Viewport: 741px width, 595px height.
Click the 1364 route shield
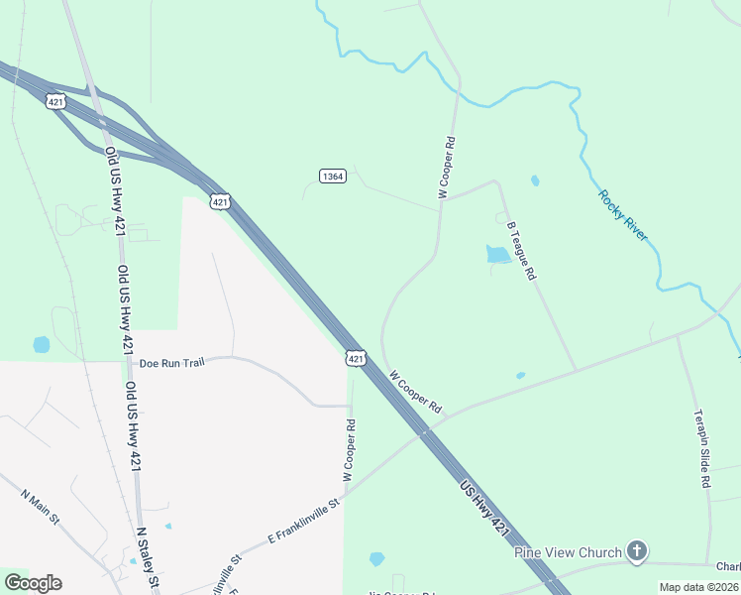[333, 176]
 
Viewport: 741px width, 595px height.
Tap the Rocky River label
[622, 214]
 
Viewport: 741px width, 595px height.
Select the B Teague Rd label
[521, 249]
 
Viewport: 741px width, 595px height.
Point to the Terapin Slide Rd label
[701, 448]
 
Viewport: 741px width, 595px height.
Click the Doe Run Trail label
[171, 363]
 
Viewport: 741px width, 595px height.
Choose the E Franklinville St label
[304, 522]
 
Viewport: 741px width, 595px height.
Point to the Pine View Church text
[568, 552]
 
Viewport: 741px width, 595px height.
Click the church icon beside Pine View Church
[637, 551]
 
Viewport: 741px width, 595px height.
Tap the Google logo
[33, 583]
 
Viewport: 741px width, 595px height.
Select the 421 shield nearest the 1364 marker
[220, 201]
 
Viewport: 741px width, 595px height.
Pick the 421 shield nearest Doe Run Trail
[358, 357]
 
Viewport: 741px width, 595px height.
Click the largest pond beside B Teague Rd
[498, 255]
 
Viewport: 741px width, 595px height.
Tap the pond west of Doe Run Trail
[42, 345]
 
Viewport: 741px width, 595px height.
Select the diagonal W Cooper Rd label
[415, 393]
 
